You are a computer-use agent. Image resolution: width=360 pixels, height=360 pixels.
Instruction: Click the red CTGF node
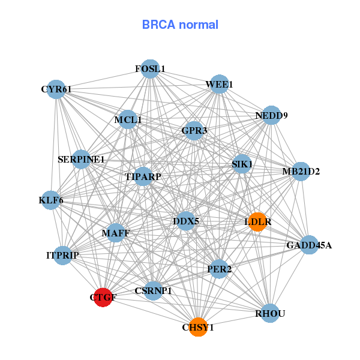pos(103,297)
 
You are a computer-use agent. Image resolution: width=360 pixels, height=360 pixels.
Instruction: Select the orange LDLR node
pos(257,222)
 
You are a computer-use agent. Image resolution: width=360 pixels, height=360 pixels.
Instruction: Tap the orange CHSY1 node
pos(198,327)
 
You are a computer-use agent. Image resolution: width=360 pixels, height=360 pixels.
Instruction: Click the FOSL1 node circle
pos(150,69)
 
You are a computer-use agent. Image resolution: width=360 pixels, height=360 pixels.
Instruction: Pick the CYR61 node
pos(56,89)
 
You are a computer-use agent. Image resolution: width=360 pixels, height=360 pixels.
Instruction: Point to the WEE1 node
pos(219,85)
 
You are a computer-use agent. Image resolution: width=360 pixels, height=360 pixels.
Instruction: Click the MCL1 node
pos(128,120)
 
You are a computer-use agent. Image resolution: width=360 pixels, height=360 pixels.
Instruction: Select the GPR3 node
pos(194,130)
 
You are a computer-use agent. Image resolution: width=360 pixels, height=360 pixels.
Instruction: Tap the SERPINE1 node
pos(81,160)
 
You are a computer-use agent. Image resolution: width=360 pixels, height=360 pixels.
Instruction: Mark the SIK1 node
pos(242,164)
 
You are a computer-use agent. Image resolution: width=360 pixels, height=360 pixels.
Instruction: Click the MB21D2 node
pos(301,172)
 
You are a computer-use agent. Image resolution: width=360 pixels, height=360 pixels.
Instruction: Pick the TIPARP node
pos(143,176)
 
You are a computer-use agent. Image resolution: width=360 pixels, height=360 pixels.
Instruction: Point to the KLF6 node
pos(51,200)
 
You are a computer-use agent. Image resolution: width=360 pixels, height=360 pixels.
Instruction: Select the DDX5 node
pos(186,221)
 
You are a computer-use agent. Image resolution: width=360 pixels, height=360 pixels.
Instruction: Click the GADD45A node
pos(308,245)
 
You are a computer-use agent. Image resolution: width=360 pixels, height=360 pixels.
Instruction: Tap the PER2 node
pos(218,269)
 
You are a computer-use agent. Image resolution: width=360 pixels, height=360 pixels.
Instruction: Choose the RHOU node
pos(270,313)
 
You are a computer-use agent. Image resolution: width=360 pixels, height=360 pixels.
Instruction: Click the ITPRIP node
pos(62,256)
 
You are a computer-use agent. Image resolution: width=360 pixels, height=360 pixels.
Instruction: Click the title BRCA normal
pos(180,25)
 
